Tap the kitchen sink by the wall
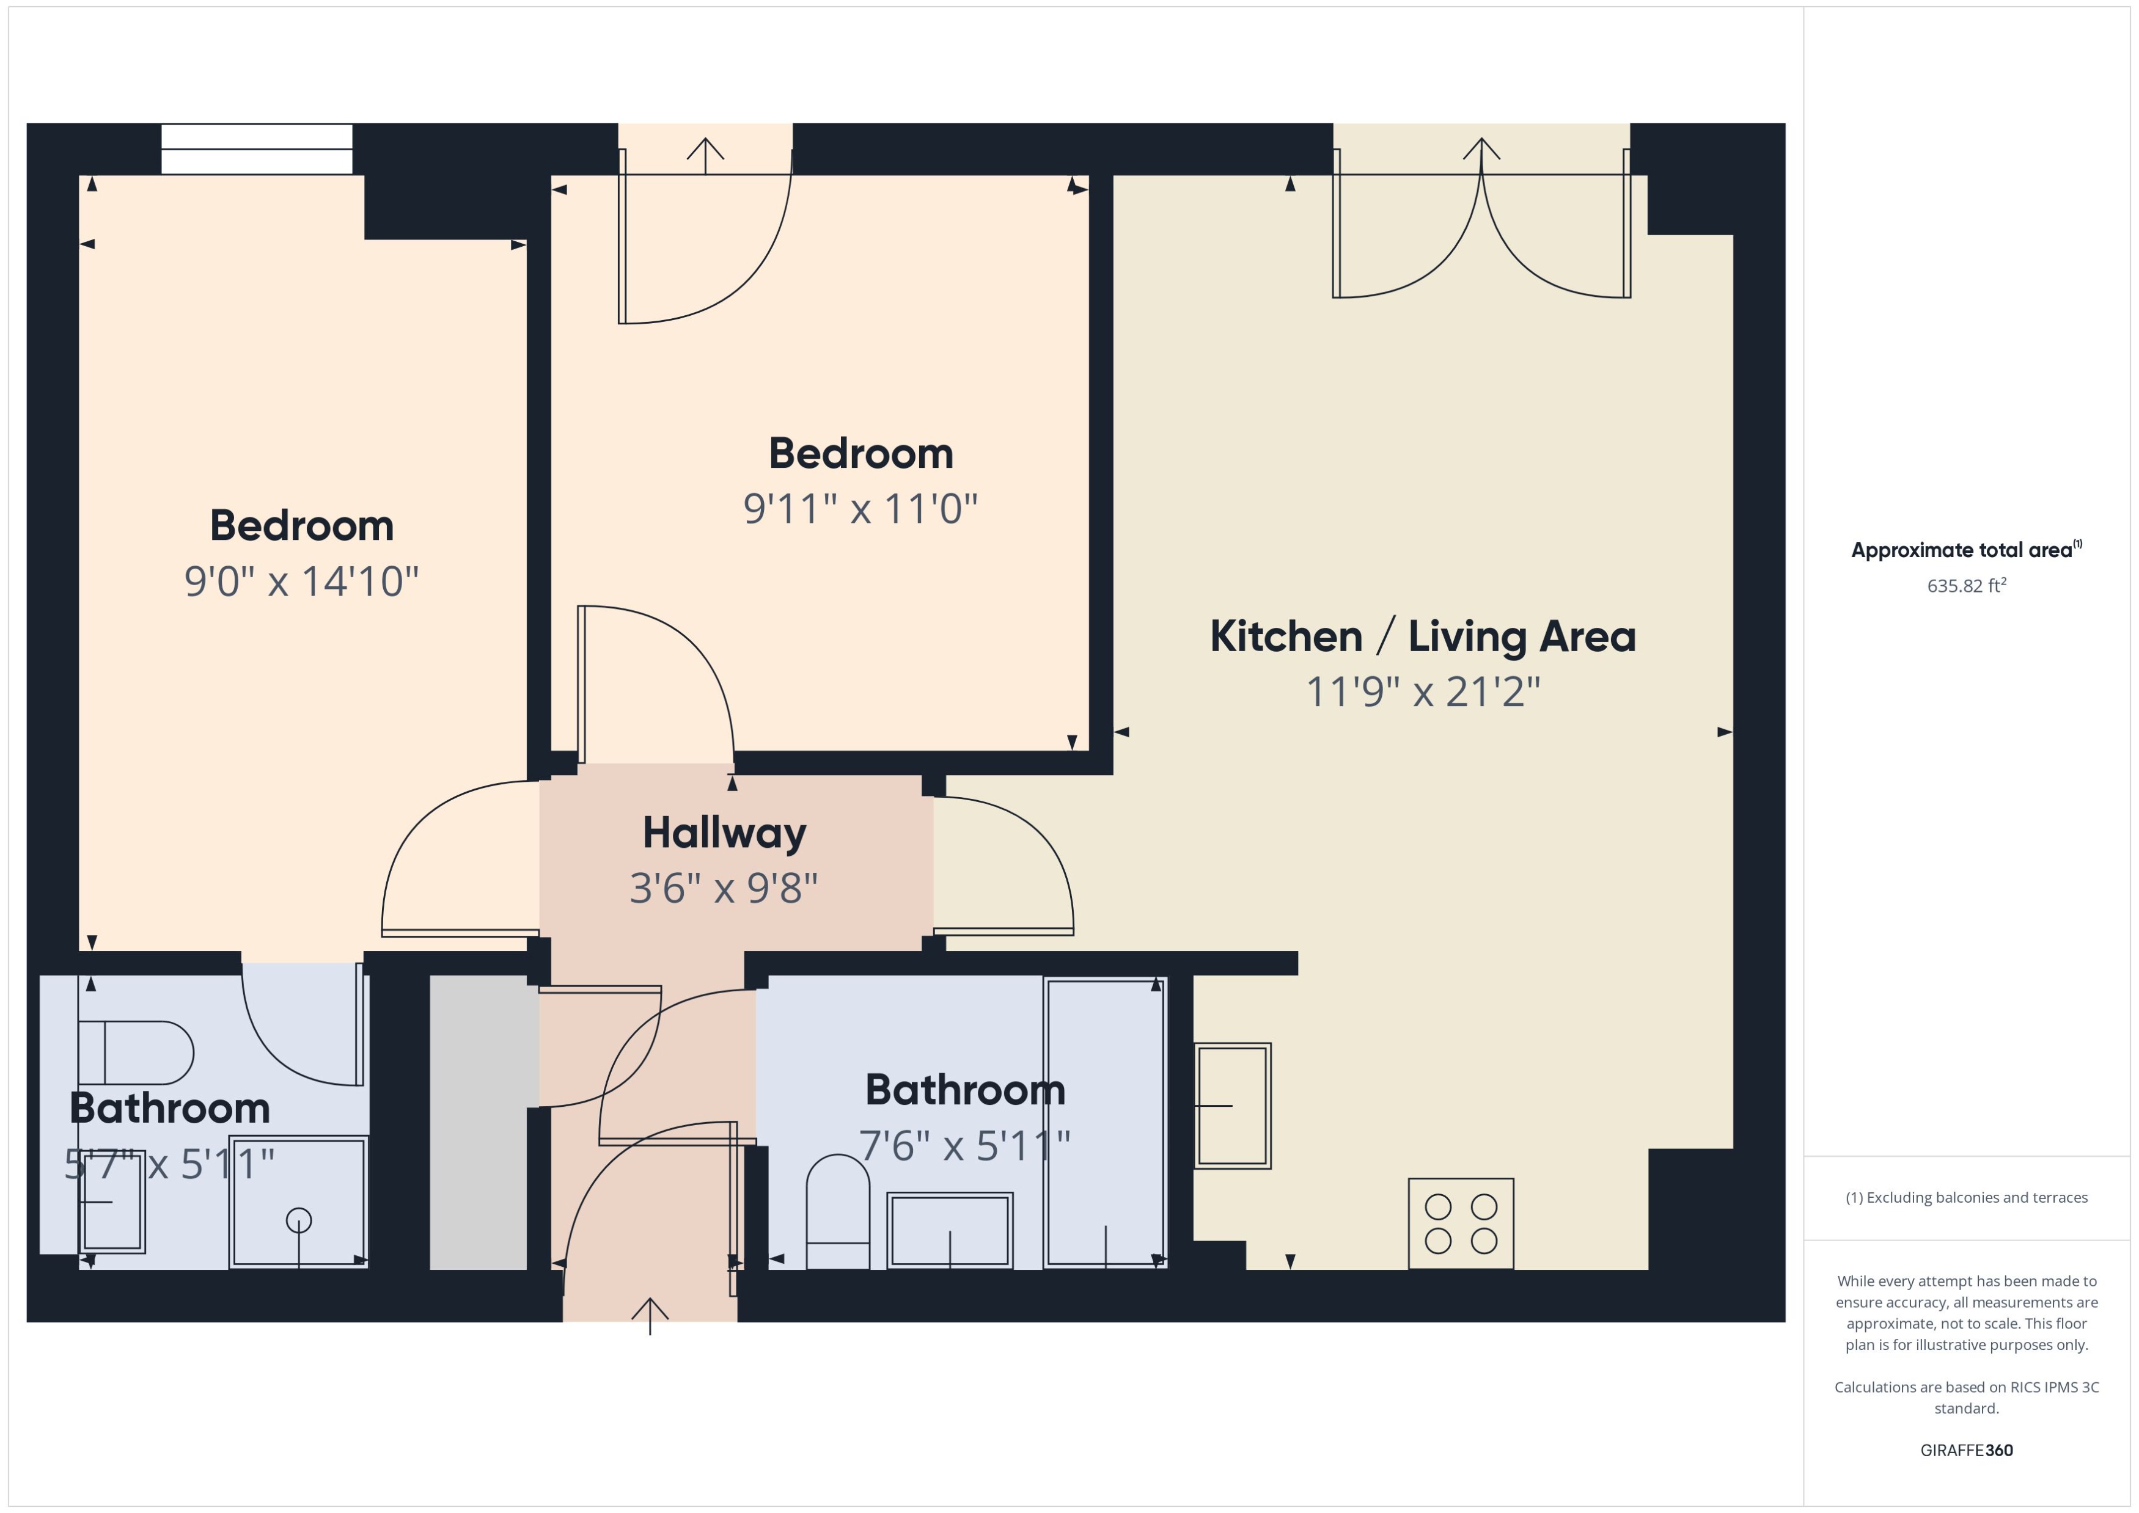(x=1232, y=1105)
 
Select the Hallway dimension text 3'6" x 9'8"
(x=723, y=888)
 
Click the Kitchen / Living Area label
(x=1422, y=636)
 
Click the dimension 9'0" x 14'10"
(x=301, y=582)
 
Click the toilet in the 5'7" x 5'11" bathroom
(x=135, y=1053)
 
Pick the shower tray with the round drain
(x=298, y=1202)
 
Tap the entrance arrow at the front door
(x=650, y=1314)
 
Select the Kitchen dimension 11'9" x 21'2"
(x=1422, y=691)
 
